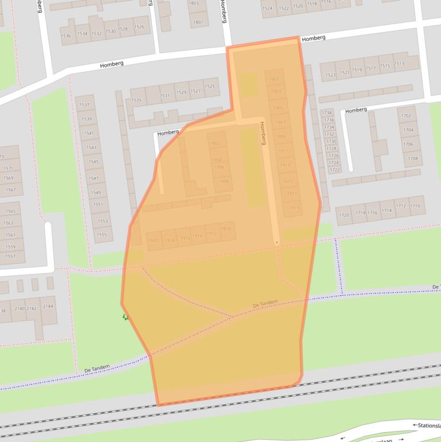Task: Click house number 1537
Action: [x=84, y=104]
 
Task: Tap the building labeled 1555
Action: [x=102, y=234]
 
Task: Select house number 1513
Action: [x=399, y=64]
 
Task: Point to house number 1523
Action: [x=330, y=75]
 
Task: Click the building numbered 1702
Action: [x=406, y=115]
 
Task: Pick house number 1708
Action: [x=412, y=158]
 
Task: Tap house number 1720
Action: [x=344, y=215]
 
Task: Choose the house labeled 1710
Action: [x=415, y=206]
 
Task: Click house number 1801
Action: [x=198, y=22]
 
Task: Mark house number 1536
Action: [x=67, y=36]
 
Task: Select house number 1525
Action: [x=210, y=87]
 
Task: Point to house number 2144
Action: [x=48, y=306]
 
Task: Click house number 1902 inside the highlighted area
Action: [x=214, y=144]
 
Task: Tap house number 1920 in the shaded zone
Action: [x=153, y=241]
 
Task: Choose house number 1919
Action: [x=294, y=207]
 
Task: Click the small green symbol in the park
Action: [x=126, y=317]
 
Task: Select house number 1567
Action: [x=10, y=189]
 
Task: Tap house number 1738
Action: [x=327, y=113]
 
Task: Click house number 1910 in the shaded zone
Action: [x=226, y=229]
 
